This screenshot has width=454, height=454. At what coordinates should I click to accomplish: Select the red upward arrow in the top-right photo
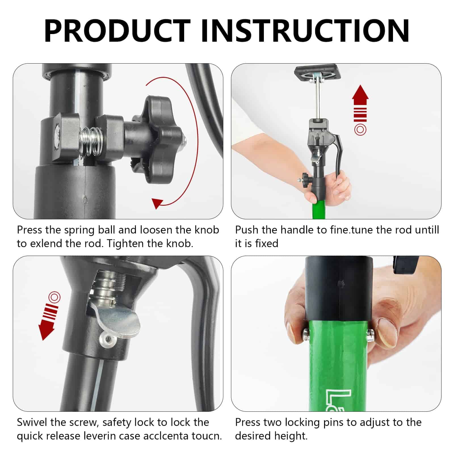pos(360,104)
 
